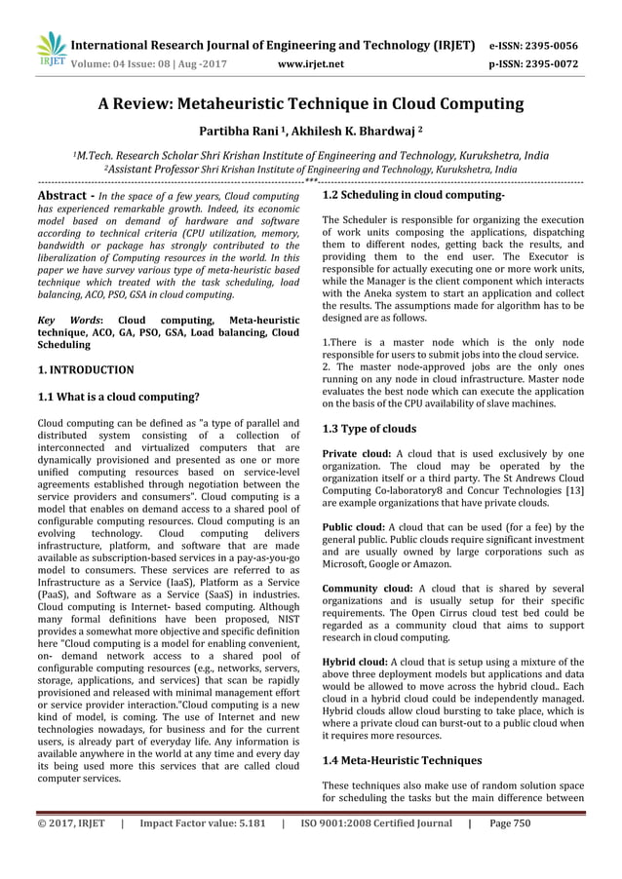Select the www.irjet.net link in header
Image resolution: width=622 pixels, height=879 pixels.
(311, 65)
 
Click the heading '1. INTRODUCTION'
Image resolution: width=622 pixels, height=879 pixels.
(85, 370)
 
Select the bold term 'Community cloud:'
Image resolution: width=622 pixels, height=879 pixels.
(367, 588)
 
